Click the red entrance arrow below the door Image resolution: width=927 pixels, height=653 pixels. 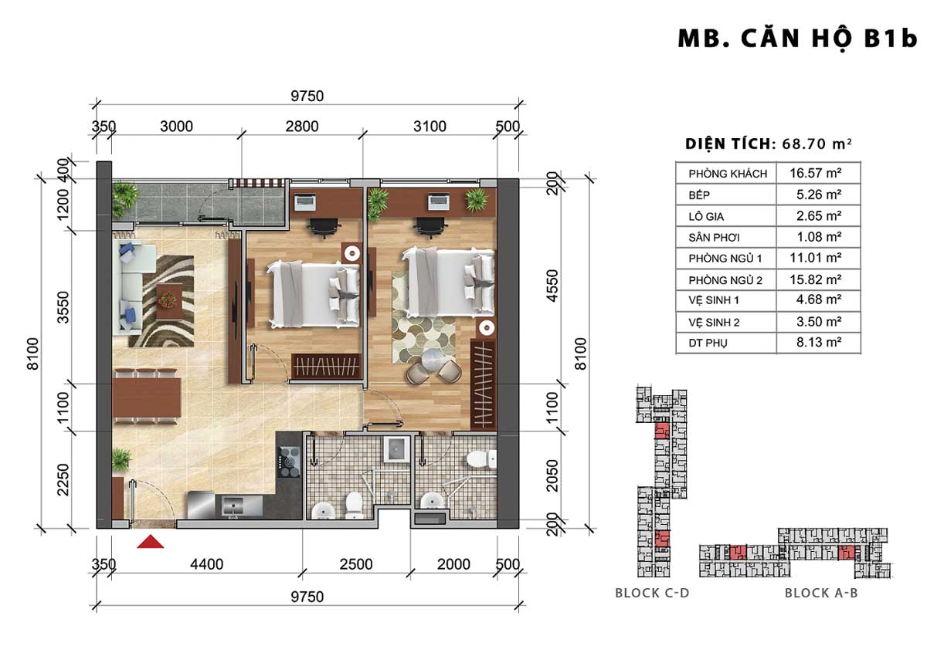(x=150, y=541)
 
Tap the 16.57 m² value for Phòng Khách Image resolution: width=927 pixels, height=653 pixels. (x=815, y=173)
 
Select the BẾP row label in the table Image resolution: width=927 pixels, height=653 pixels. (x=699, y=195)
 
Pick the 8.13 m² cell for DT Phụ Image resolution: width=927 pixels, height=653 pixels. (x=819, y=343)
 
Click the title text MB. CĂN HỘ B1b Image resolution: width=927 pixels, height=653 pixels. (x=797, y=39)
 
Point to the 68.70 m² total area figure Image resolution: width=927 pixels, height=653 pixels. (x=817, y=144)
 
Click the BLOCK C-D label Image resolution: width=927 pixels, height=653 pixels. (x=652, y=593)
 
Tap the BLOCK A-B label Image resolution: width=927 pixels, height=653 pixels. (x=821, y=593)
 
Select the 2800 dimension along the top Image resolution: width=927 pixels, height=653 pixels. (x=302, y=126)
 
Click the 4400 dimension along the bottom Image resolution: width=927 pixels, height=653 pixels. (x=206, y=564)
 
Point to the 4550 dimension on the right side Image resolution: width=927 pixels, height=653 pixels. (x=552, y=286)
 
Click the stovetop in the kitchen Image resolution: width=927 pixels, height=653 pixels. (x=289, y=461)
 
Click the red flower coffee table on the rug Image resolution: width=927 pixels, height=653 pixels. (x=169, y=302)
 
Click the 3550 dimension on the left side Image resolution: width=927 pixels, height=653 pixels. (x=63, y=307)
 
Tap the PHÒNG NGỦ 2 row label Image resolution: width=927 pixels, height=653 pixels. (x=725, y=280)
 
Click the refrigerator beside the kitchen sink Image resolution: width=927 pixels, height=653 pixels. (x=201, y=505)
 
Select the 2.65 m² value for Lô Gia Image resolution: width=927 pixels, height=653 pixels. (x=819, y=216)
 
